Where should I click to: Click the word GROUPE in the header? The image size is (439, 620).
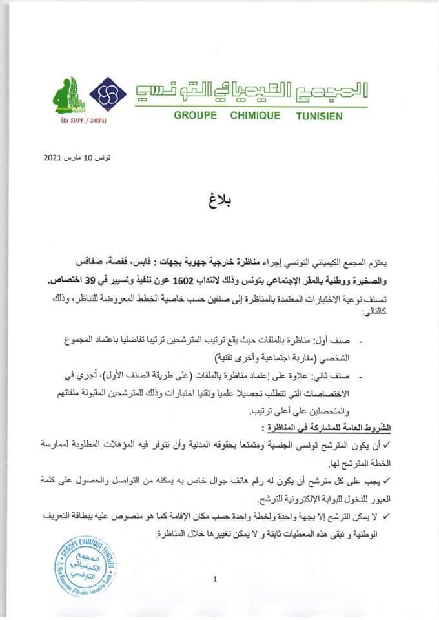[198, 116]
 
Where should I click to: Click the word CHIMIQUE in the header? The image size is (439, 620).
[255, 116]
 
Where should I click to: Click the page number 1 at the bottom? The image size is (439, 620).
[214, 579]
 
